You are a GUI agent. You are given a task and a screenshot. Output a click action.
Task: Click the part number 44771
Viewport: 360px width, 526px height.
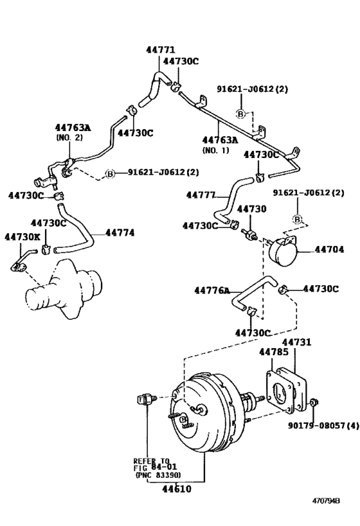coord(159,49)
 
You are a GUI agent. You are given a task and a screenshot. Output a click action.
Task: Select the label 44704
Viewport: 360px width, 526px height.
coord(330,249)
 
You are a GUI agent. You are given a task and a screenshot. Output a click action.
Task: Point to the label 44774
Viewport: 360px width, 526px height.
coord(120,232)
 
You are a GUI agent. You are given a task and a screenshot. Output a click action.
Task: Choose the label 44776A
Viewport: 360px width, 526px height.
coord(212,290)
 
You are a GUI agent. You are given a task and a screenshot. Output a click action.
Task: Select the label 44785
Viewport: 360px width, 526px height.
coord(274,352)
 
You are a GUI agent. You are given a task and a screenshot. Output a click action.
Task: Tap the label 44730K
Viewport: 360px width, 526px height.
coord(22,237)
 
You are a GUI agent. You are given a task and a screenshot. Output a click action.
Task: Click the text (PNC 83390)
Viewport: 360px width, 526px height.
coord(157,475)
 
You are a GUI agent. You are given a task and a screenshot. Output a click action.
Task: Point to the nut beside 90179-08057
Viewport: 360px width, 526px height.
coord(313,403)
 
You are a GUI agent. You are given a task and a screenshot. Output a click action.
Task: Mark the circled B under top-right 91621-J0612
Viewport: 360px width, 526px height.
coord(298,220)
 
